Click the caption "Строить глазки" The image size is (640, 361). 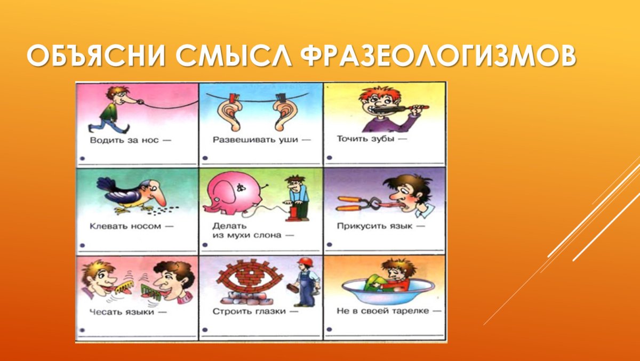click(x=249, y=311)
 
